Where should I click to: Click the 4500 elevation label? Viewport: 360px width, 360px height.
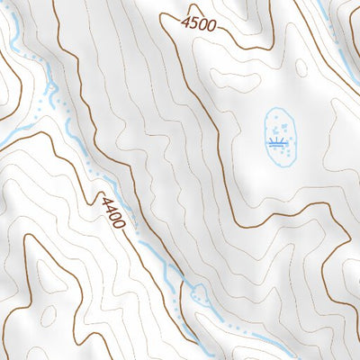coord(198,23)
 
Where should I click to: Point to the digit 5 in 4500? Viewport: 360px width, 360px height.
coord(193,22)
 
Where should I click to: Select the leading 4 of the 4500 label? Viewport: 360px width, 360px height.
coord(185,20)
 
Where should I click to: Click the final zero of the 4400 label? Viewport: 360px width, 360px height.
coord(121,221)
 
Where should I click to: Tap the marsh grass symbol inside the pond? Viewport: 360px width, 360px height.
coord(277,142)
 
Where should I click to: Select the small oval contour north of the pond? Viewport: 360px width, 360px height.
coord(301,67)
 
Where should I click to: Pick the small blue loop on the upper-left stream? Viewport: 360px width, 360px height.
coord(51,88)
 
